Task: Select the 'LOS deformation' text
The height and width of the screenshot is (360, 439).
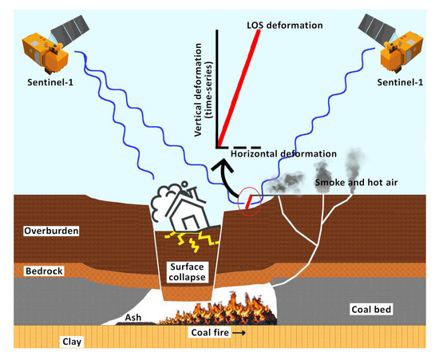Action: coord(284,26)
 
